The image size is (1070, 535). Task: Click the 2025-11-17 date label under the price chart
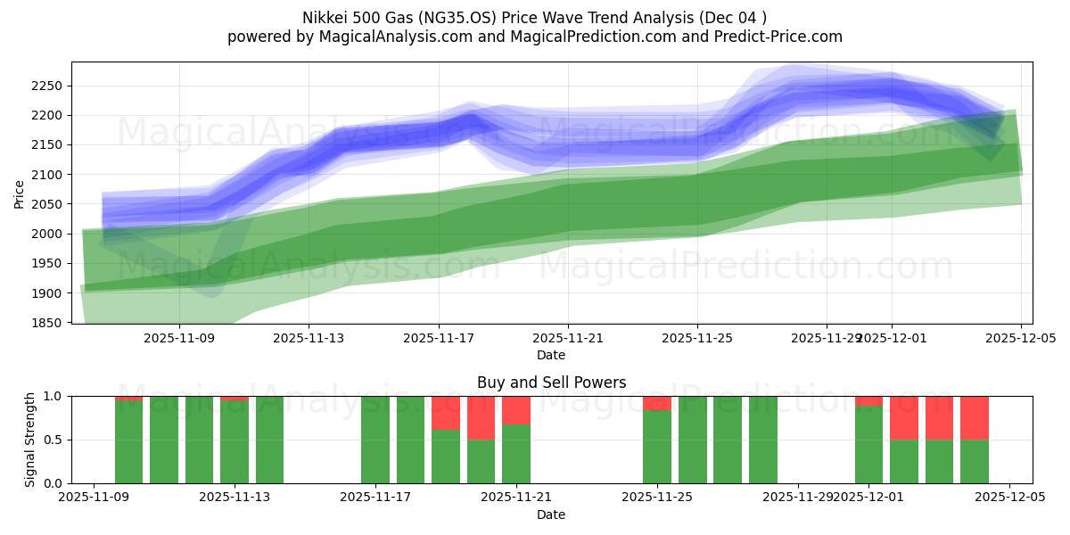438,339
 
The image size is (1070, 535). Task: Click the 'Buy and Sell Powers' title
551,383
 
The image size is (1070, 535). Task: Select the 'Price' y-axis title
20,193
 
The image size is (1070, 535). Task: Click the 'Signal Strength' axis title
30,440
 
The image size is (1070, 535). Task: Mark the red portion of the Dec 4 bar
974,417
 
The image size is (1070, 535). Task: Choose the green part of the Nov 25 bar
657,447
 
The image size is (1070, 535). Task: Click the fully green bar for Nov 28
762,440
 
